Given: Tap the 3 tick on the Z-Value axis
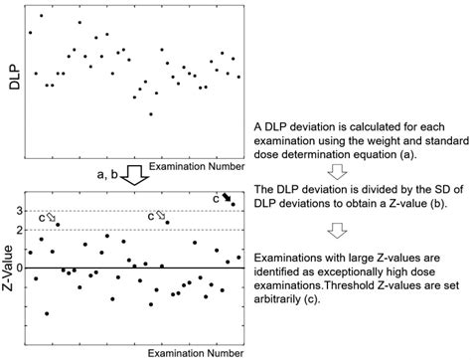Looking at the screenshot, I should coord(19,211).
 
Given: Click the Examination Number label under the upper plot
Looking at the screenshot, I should coord(195,164).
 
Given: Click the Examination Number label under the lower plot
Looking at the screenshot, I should coord(195,352).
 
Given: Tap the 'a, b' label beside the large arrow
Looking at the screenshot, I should coord(105,175).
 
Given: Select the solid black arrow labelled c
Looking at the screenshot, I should coord(227,199).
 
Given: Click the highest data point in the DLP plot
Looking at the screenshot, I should coord(41,16).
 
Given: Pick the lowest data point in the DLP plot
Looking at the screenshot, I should coord(151,114).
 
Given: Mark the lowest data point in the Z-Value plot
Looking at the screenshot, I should coord(47,313).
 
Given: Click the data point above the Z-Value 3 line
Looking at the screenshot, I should coord(233,205).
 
